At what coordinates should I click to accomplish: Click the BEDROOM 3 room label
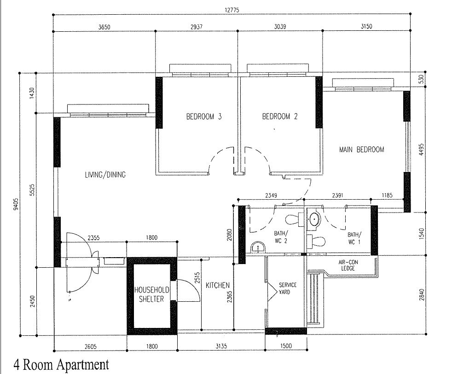pyautogui.click(x=204, y=116)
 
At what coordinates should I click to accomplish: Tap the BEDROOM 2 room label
pyautogui.click(x=279, y=116)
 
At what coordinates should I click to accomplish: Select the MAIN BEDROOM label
pyautogui.click(x=361, y=149)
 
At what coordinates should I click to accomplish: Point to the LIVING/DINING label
pyautogui.click(x=105, y=175)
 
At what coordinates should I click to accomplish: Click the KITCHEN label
pyautogui.click(x=218, y=285)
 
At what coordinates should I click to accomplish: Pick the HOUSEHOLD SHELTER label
pyautogui.click(x=151, y=294)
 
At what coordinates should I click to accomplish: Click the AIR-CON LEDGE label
pyautogui.click(x=348, y=265)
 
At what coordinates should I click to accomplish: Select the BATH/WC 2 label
pyautogui.click(x=280, y=237)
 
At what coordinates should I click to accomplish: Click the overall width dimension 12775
pyautogui.click(x=232, y=10)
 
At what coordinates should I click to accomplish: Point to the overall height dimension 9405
pyautogui.click(x=16, y=204)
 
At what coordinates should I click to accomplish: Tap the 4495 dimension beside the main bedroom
pyautogui.click(x=422, y=150)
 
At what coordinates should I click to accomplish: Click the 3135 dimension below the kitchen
pyautogui.click(x=221, y=346)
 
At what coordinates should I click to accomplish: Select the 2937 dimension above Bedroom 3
pyautogui.click(x=196, y=27)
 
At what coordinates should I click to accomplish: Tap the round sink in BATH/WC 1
pyautogui.click(x=314, y=219)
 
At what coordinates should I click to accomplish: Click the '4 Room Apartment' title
pyautogui.click(x=61, y=364)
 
